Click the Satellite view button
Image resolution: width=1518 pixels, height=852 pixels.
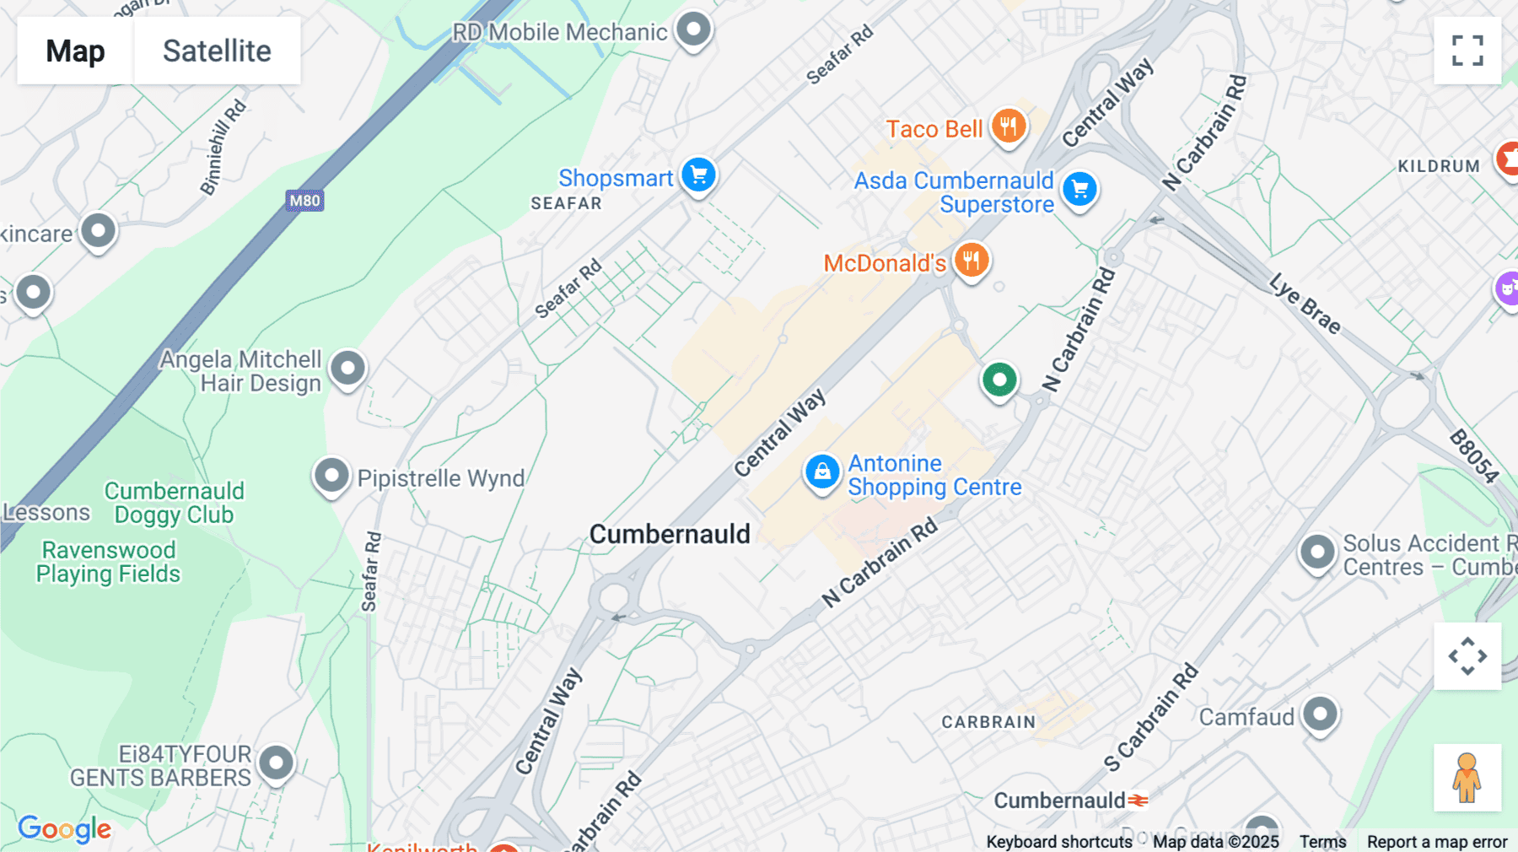tap(217, 51)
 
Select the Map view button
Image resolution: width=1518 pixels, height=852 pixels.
tap(75, 51)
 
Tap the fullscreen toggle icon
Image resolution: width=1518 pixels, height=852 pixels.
tap(1467, 51)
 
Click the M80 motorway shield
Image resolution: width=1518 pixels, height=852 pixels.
tap(304, 201)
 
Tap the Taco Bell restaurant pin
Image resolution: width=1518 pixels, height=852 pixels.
tap(1008, 127)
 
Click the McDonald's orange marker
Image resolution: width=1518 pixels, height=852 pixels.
tap(971, 260)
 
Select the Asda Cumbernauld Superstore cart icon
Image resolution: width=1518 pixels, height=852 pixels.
tap(1079, 189)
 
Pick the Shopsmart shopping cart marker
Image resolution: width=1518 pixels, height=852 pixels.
tap(698, 175)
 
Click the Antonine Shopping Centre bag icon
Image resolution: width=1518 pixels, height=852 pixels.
tap(821, 472)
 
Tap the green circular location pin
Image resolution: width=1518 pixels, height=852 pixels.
tap(999, 380)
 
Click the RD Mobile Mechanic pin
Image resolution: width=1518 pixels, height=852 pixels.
tap(694, 30)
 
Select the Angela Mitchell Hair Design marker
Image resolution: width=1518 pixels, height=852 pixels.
tap(347, 369)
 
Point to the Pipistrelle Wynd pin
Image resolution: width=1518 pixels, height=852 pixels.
tap(331, 476)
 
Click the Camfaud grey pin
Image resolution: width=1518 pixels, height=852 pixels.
tap(1320, 714)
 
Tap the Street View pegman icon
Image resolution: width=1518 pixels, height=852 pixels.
tap(1467, 777)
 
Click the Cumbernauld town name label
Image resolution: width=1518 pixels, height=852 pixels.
tap(670, 534)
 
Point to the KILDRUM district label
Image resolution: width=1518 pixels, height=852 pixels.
tap(1439, 166)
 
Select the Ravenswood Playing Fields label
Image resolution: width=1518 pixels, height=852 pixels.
tap(108, 562)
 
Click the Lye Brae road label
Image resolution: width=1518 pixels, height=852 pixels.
tap(1304, 304)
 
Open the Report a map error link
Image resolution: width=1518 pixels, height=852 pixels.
tap(1436, 842)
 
